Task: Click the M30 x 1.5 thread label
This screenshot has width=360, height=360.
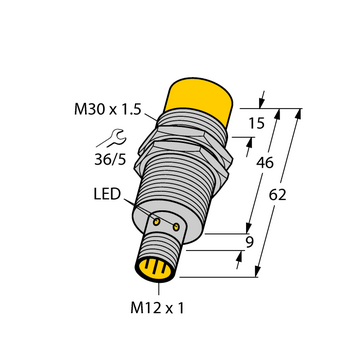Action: tap(108, 109)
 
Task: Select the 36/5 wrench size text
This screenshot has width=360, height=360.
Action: tap(111, 160)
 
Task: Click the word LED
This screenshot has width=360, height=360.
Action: tap(107, 194)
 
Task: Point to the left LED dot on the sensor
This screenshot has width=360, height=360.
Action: tap(156, 221)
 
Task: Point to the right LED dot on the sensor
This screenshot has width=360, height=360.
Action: tap(176, 227)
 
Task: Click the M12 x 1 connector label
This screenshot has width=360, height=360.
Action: tap(157, 308)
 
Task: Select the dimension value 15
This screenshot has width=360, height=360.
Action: tap(257, 124)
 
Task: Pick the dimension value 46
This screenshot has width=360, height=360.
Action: tap(265, 163)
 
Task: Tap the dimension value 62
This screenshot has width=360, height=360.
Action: tap(278, 195)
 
